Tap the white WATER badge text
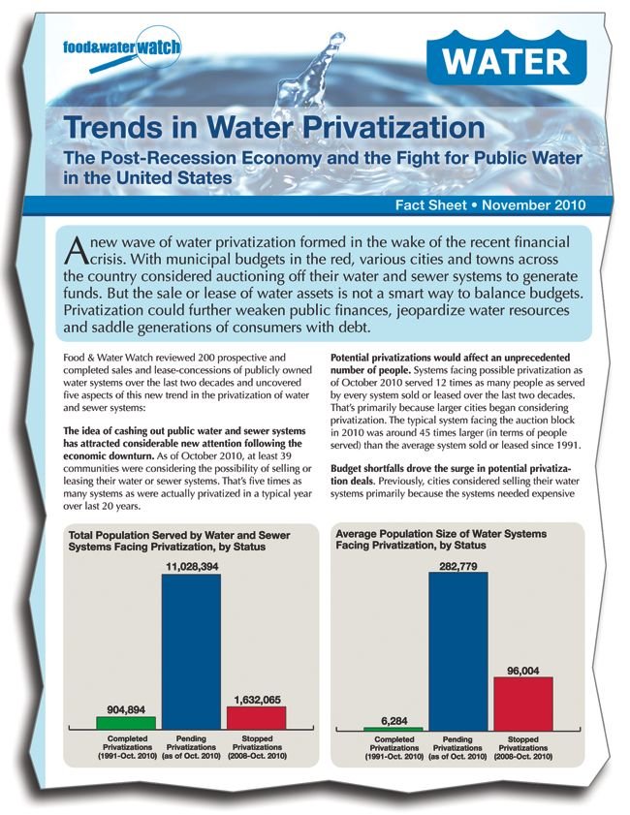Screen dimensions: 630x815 pos(506,61)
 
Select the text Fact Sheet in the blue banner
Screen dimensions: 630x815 pos(430,204)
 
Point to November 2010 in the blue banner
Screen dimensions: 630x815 pos(533,204)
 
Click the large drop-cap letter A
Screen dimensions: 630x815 pos(76,251)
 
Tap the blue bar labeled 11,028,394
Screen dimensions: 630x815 pos(191,652)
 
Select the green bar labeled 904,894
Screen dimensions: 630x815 pos(126,723)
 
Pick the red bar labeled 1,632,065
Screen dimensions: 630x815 pos(256,718)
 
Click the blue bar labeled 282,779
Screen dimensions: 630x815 pos(457,651)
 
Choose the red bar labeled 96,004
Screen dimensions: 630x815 pos(523,704)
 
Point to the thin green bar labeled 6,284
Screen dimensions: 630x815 pos(393,729)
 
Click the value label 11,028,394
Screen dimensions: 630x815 pos(192,567)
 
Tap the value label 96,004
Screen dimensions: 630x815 pos(523,671)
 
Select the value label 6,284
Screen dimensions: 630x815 pos(394,720)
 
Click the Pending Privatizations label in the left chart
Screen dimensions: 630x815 pos(191,747)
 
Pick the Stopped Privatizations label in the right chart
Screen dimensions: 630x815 pos(523,747)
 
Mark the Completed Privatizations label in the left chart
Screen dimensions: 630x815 pos(127,747)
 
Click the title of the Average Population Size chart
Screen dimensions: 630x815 pos(441,540)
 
